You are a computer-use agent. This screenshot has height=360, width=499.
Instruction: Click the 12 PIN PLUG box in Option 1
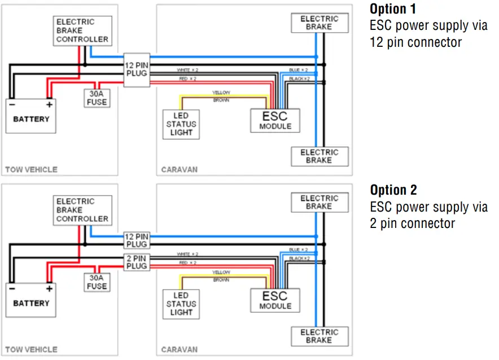pyautogui.click(x=137, y=70)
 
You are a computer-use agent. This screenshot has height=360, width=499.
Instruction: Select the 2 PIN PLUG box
pyautogui.click(x=137, y=262)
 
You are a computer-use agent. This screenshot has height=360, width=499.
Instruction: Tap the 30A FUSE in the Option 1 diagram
pyautogui.click(x=97, y=98)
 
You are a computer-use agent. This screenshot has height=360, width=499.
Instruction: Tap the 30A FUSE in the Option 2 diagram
pyautogui.click(x=97, y=282)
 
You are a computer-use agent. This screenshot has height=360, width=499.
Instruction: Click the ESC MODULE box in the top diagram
pyautogui.click(x=275, y=121)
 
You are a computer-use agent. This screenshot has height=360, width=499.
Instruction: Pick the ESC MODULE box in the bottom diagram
pyautogui.click(x=275, y=301)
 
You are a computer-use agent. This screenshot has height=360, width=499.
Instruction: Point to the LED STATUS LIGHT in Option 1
pyautogui.click(x=181, y=124)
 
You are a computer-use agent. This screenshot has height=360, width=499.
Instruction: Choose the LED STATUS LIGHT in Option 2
pyautogui.click(x=181, y=304)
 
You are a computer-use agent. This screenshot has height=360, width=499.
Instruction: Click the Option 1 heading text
pyautogui.click(x=393, y=9)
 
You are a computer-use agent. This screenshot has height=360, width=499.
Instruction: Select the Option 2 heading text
pyautogui.click(x=393, y=190)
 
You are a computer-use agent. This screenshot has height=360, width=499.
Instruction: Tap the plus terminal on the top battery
pyautogui.click(x=49, y=104)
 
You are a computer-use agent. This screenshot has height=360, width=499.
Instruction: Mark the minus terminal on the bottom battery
pyautogui.click(x=12, y=289)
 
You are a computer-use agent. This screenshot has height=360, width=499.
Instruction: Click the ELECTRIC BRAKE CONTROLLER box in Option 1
pyautogui.click(x=82, y=31)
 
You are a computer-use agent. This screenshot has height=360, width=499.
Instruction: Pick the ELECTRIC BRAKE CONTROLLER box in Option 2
pyautogui.click(x=82, y=210)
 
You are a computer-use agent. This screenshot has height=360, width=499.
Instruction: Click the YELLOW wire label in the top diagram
pyautogui.click(x=221, y=93)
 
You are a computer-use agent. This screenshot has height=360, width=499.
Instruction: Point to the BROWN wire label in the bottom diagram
pyautogui.click(x=221, y=280)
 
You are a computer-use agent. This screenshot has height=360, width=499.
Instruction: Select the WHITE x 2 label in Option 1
pyautogui.click(x=187, y=70)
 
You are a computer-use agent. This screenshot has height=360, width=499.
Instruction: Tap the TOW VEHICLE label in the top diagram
pyautogui.click(x=31, y=169)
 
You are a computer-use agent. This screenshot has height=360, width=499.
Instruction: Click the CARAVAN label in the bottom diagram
pyautogui.click(x=179, y=349)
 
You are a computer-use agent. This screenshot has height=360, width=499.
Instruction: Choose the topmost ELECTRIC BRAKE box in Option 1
pyautogui.click(x=319, y=23)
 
